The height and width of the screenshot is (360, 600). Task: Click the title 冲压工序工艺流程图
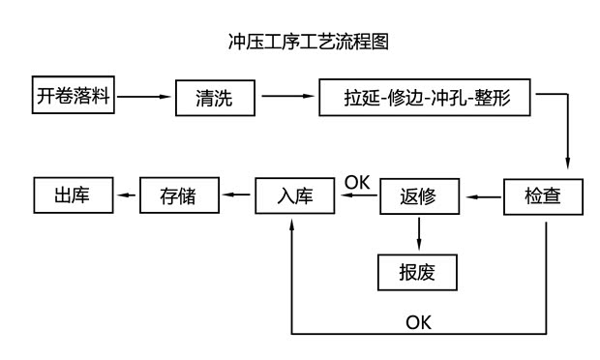307,42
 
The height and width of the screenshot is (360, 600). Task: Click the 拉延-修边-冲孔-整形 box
426,99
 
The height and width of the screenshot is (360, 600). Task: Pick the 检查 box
545,196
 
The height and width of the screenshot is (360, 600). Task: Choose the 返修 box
418,196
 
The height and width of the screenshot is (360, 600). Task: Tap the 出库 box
74,196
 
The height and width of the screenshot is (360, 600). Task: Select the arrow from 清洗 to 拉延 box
288,97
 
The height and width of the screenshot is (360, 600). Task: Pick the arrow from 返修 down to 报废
418,235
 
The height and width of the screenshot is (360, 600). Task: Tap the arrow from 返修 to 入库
358,196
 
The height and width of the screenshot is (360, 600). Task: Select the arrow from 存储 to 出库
128,196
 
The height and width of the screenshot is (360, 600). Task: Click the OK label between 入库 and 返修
357,180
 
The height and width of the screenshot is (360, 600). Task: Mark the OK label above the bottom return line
418,321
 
